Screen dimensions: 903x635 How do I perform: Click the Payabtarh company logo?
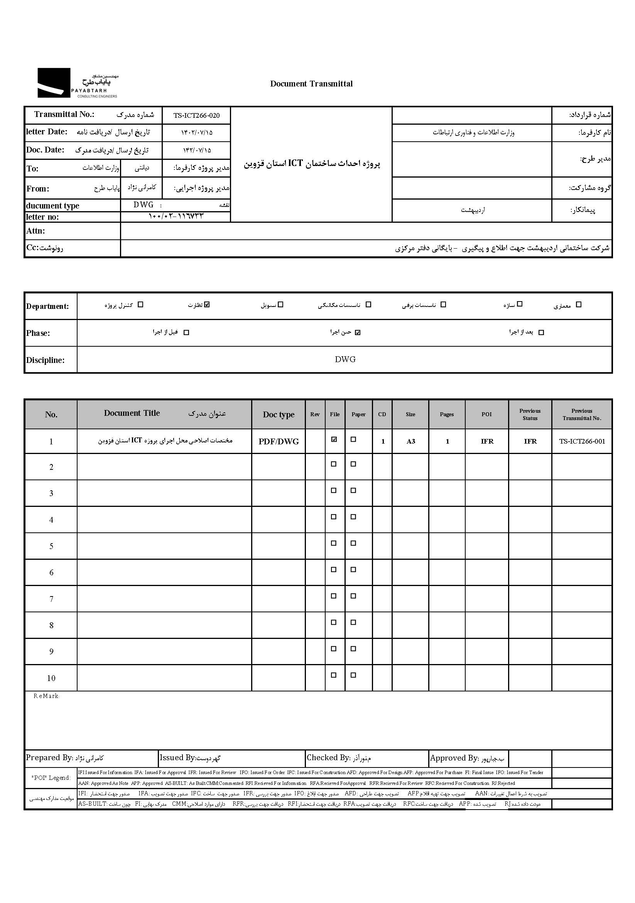pos(78,83)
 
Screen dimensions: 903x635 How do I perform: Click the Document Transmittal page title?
pos(311,84)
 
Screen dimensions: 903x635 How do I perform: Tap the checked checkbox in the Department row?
pos(207,304)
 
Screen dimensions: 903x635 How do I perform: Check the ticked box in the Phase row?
pos(358,332)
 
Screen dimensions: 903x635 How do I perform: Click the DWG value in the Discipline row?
pos(345,359)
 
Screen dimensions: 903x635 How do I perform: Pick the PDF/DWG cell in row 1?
pos(279,442)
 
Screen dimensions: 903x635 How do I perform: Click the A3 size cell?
pos(410,442)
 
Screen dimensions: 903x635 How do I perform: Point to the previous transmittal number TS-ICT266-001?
pos(582,441)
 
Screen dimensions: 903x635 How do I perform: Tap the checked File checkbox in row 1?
pos(334,440)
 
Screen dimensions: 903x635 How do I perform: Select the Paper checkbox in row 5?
pos(353,543)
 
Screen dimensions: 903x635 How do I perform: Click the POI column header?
pos(486,414)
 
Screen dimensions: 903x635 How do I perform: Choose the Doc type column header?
pos(279,415)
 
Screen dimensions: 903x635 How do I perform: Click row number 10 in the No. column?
pos(51,678)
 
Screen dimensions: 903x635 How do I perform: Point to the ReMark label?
pos(46,696)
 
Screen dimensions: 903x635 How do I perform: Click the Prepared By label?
pos(49,758)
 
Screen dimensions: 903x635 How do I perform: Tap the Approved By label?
pos(454,758)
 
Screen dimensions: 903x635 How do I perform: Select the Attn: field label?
pos(36,231)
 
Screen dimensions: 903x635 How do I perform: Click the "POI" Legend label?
pos(51,778)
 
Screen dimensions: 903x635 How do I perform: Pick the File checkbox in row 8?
pos(334,622)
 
